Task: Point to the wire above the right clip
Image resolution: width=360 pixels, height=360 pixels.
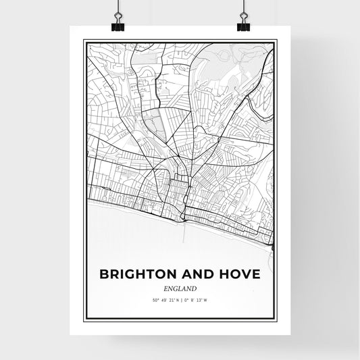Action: coord(242,7)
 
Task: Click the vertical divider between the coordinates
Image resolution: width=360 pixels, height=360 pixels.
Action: coord(180,301)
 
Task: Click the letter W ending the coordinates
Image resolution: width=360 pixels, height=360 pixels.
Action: coord(207,301)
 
